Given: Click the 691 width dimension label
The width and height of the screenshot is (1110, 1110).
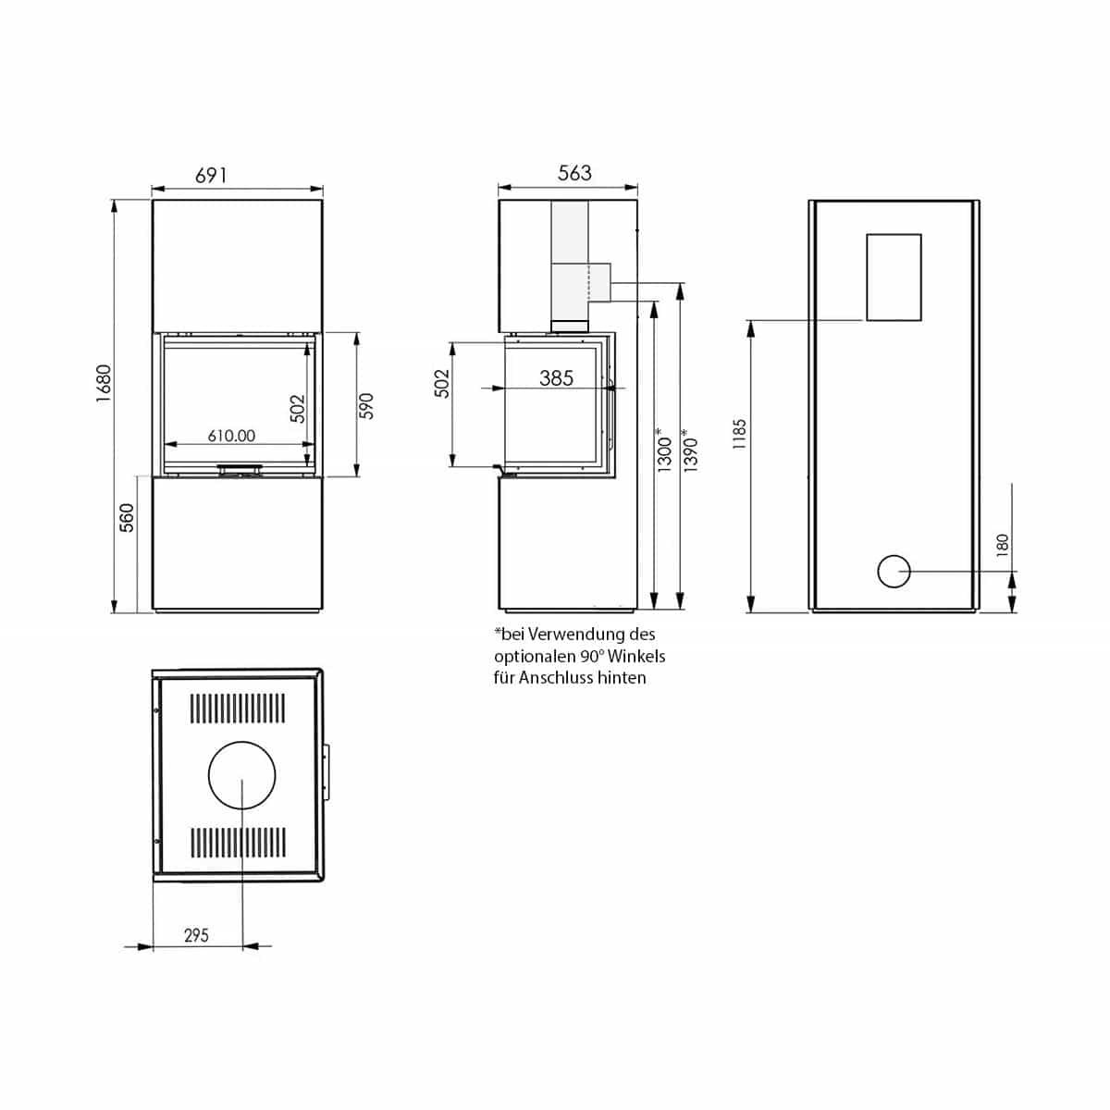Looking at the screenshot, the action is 211,175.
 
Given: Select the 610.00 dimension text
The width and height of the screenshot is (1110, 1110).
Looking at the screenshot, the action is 231,436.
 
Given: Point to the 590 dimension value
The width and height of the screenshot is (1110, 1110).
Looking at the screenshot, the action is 365,405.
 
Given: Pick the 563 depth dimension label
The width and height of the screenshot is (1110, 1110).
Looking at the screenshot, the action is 574,173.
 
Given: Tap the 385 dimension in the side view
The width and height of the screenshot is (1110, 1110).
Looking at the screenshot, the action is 556,378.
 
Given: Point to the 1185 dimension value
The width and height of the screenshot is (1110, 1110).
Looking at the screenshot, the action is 738,434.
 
